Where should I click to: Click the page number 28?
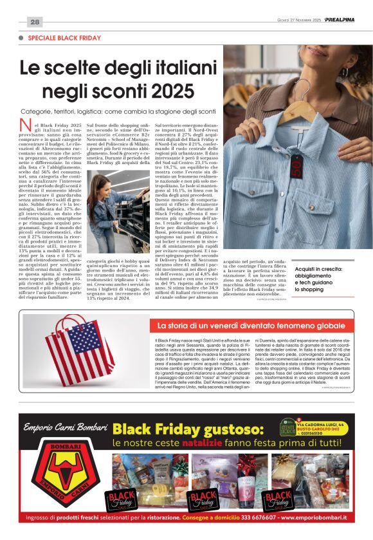pyautogui.click(x=35, y=22)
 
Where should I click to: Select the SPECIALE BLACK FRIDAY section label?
pyautogui.click(x=64, y=39)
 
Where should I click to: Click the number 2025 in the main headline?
pyautogui.click(x=170, y=89)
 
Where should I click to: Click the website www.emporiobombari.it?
pyautogui.click(x=312, y=517)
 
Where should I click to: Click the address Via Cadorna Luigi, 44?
pyautogui.click(x=328, y=425)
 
